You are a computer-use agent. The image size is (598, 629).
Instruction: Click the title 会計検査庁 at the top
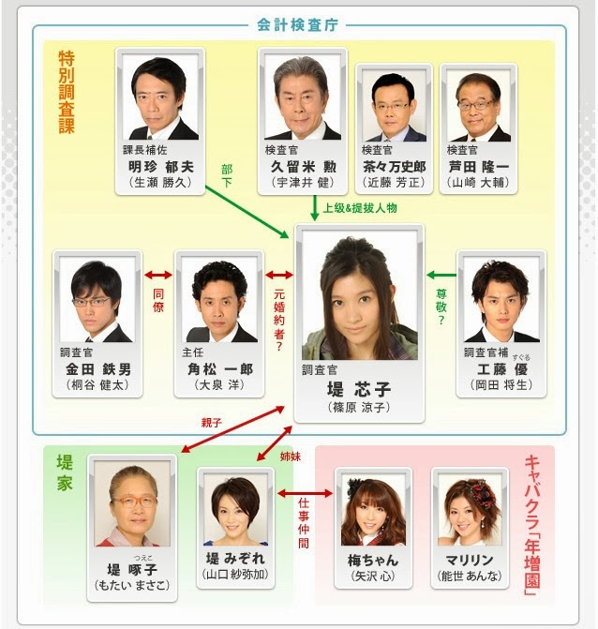click(297, 25)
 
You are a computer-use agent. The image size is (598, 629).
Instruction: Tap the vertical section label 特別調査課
click(67, 92)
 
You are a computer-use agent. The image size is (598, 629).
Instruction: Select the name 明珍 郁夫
click(161, 167)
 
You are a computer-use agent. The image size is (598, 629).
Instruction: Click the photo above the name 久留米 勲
click(303, 97)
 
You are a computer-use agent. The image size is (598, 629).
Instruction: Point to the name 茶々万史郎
click(394, 167)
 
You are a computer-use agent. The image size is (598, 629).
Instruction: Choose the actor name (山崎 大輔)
click(478, 183)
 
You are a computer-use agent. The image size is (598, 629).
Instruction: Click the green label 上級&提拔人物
click(360, 208)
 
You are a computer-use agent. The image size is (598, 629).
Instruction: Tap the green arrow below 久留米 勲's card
click(315, 208)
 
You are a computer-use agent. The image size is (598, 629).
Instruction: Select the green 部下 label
click(227, 175)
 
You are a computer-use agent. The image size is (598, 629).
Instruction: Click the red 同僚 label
click(158, 301)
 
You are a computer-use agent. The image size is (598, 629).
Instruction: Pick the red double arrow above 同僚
click(158, 276)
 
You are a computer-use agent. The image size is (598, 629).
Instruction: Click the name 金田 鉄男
click(98, 369)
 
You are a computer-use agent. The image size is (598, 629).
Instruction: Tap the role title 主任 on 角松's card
click(192, 352)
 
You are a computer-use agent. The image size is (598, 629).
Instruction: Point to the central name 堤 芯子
click(359, 389)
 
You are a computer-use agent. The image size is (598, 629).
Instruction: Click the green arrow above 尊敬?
click(441, 276)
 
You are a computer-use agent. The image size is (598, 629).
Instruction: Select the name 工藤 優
click(502, 369)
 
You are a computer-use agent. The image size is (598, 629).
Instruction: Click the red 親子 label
click(212, 423)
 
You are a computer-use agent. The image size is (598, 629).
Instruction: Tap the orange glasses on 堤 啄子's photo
click(134, 501)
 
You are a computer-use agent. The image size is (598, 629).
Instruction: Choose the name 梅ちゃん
click(373, 560)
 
